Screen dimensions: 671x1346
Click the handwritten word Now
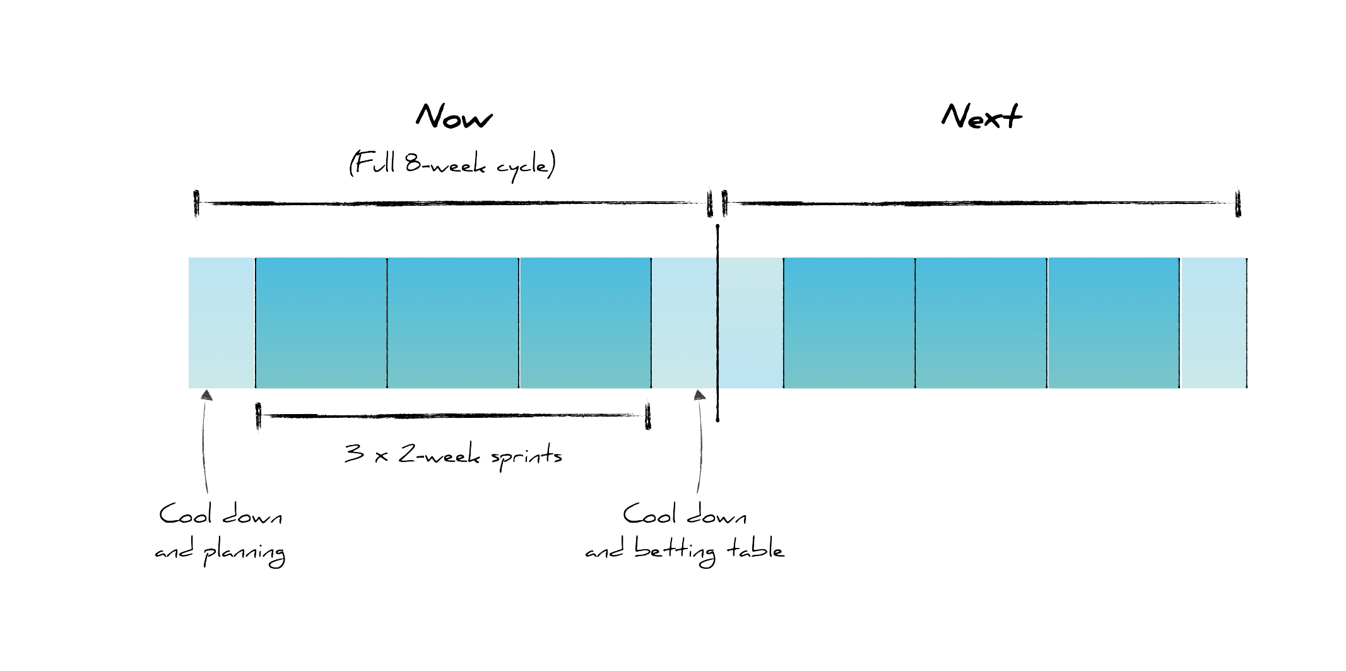tap(453, 117)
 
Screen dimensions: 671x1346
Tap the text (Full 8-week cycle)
tap(452, 165)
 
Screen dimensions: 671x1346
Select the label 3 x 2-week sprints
tap(453, 454)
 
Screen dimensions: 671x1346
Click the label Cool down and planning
tap(220, 534)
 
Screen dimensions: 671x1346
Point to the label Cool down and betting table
tap(685, 534)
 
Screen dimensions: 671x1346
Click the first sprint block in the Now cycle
tap(321, 323)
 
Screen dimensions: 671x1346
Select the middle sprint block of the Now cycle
tap(453, 323)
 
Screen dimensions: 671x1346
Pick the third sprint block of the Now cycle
tap(585, 323)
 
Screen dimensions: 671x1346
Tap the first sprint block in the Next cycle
tap(849, 323)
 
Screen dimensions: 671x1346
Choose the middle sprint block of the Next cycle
tap(981, 323)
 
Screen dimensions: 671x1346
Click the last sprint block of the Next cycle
tap(1113, 323)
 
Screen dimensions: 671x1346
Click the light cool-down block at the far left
tap(221, 323)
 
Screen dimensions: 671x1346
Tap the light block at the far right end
tap(1213, 323)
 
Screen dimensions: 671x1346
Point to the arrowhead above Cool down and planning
tap(206, 395)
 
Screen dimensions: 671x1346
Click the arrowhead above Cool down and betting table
tap(699, 395)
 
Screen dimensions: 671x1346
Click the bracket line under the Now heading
tap(453, 203)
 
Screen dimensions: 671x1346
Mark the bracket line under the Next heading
tap(981, 203)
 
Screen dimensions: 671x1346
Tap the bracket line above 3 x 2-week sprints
tap(453, 415)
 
